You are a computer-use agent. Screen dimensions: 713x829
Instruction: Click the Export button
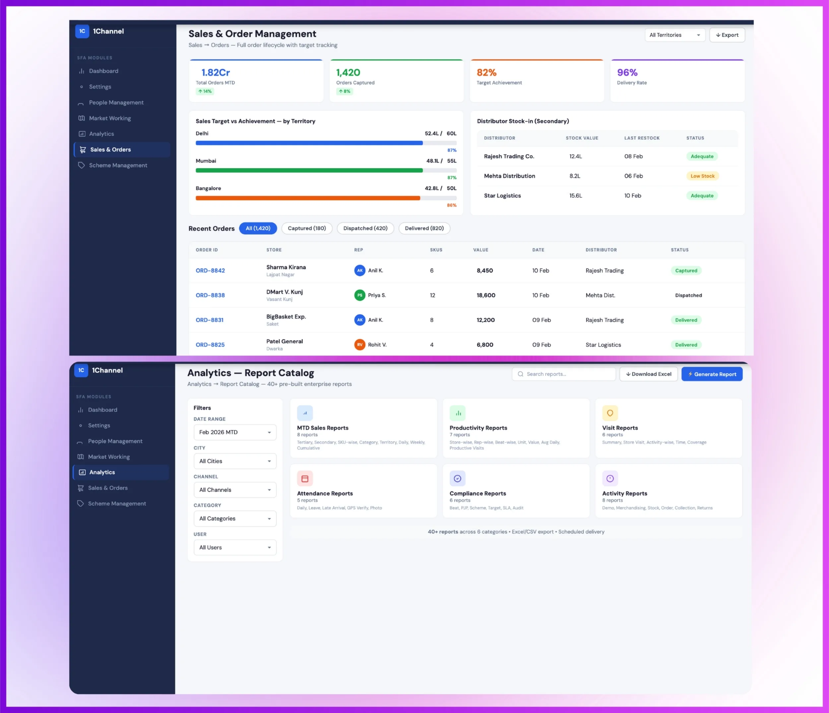coord(727,35)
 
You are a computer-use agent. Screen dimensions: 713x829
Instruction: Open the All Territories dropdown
coord(674,35)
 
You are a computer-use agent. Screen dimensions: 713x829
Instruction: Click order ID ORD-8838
coord(210,295)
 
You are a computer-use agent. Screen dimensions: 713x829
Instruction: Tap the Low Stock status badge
coord(702,176)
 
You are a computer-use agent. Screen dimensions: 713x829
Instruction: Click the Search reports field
coord(564,374)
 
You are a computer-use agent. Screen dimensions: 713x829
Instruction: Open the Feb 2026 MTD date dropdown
coord(235,432)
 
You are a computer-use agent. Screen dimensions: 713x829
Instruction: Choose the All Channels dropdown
coord(235,490)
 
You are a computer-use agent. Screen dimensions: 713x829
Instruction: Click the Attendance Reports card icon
coord(305,479)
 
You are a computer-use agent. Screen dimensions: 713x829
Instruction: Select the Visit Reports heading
coord(620,428)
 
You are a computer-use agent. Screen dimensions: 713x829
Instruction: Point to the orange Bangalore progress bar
coord(308,198)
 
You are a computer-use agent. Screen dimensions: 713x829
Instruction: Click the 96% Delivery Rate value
coord(627,72)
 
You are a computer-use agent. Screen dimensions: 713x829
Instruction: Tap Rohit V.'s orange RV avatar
coord(360,345)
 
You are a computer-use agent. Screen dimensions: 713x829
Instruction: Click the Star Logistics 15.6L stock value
coord(576,196)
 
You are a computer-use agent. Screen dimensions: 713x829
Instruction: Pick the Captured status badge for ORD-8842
coord(686,271)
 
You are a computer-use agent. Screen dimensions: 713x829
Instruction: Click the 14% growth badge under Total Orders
coord(205,91)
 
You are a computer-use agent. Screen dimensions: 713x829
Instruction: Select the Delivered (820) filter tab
coord(424,228)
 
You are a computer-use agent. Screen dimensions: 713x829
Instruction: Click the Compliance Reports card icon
coord(457,479)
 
